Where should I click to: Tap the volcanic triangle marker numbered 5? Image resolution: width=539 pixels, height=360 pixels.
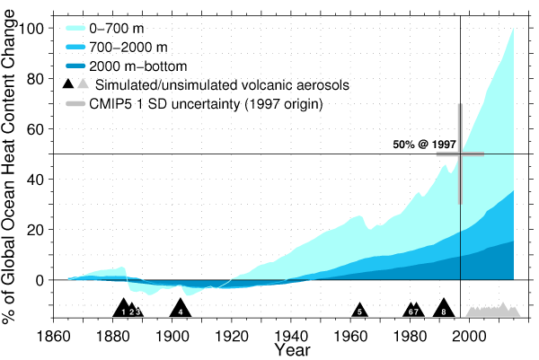click(x=359, y=311)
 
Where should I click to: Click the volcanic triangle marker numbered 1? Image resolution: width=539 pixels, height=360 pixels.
click(x=123, y=310)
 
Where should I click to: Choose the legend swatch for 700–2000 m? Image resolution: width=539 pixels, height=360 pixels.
click(x=78, y=46)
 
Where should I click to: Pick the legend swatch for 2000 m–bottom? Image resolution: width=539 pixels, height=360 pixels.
click(x=78, y=66)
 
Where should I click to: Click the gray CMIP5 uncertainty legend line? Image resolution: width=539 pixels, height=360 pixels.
click(x=78, y=105)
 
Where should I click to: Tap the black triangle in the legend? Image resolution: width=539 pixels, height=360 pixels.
click(x=69, y=85)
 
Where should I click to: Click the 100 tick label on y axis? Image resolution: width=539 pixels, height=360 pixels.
click(x=32, y=29)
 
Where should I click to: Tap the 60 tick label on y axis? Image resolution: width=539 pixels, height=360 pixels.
click(x=36, y=129)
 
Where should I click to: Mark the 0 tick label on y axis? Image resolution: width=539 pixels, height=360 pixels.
click(x=40, y=280)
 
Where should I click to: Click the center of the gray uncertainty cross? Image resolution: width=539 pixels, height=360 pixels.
click(x=460, y=154)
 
